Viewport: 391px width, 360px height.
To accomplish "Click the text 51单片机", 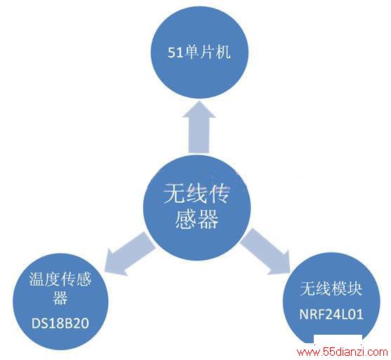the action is (x=199, y=53).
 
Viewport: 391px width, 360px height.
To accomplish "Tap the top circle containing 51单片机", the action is (x=200, y=53).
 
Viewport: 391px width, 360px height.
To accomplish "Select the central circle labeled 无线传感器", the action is (x=197, y=208).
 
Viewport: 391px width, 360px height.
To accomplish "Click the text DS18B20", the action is (x=60, y=324).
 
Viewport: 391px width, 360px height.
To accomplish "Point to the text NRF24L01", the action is (x=331, y=314).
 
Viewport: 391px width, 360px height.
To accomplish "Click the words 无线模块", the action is (x=331, y=288).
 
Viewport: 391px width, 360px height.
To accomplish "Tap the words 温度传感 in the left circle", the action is (x=60, y=279).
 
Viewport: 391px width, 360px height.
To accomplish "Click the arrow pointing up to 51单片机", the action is (x=199, y=127).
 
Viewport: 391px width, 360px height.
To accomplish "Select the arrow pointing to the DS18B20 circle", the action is (x=128, y=254).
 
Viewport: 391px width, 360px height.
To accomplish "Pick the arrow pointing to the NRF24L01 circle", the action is (x=266, y=252).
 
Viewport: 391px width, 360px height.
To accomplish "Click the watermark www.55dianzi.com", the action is (x=342, y=352).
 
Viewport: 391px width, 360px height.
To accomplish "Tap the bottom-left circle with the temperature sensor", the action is (x=60, y=302).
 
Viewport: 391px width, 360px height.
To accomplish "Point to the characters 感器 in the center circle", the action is (x=197, y=219).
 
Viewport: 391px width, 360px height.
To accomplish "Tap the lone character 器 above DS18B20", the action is (x=60, y=298).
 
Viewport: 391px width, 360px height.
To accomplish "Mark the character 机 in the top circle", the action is (x=223, y=53).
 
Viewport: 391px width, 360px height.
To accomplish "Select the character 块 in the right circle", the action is (x=354, y=288).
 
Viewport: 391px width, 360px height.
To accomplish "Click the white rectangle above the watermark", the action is (x=338, y=340).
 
